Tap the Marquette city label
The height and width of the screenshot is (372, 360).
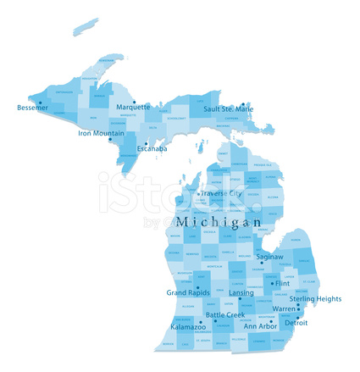point(133,108)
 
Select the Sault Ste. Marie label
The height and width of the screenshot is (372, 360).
point(228,108)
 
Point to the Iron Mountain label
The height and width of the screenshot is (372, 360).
point(101,133)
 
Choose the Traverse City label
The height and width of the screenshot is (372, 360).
point(221,194)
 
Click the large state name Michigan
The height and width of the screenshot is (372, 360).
point(219,221)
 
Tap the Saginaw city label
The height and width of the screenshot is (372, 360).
point(270,256)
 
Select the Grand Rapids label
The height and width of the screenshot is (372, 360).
point(187,292)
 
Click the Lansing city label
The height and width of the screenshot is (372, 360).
point(241,292)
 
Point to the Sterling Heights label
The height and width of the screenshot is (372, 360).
point(316,298)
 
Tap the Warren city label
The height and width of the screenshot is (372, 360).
point(284,309)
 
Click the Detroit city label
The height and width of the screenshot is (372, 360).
point(296,323)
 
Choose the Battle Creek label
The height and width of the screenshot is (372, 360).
point(225,315)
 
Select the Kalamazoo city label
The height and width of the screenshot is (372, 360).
point(187,326)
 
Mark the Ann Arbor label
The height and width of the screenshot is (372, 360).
point(260,326)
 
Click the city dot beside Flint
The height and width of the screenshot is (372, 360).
point(272,282)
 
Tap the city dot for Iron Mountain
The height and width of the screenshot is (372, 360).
point(109,140)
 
